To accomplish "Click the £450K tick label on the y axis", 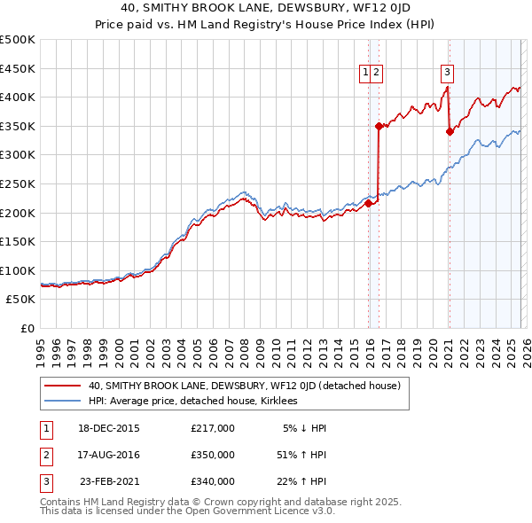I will (18, 68).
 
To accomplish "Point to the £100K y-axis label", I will (18, 270).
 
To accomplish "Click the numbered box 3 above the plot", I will (448, 73).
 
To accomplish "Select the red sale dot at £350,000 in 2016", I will (379, 126).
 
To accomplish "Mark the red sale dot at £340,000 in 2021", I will (450, 132).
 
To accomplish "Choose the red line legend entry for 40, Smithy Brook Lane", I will (245, 386).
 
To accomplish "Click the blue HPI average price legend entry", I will (195, 402).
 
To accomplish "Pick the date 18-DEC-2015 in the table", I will (108, 428).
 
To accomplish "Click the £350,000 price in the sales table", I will (213, 455).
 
